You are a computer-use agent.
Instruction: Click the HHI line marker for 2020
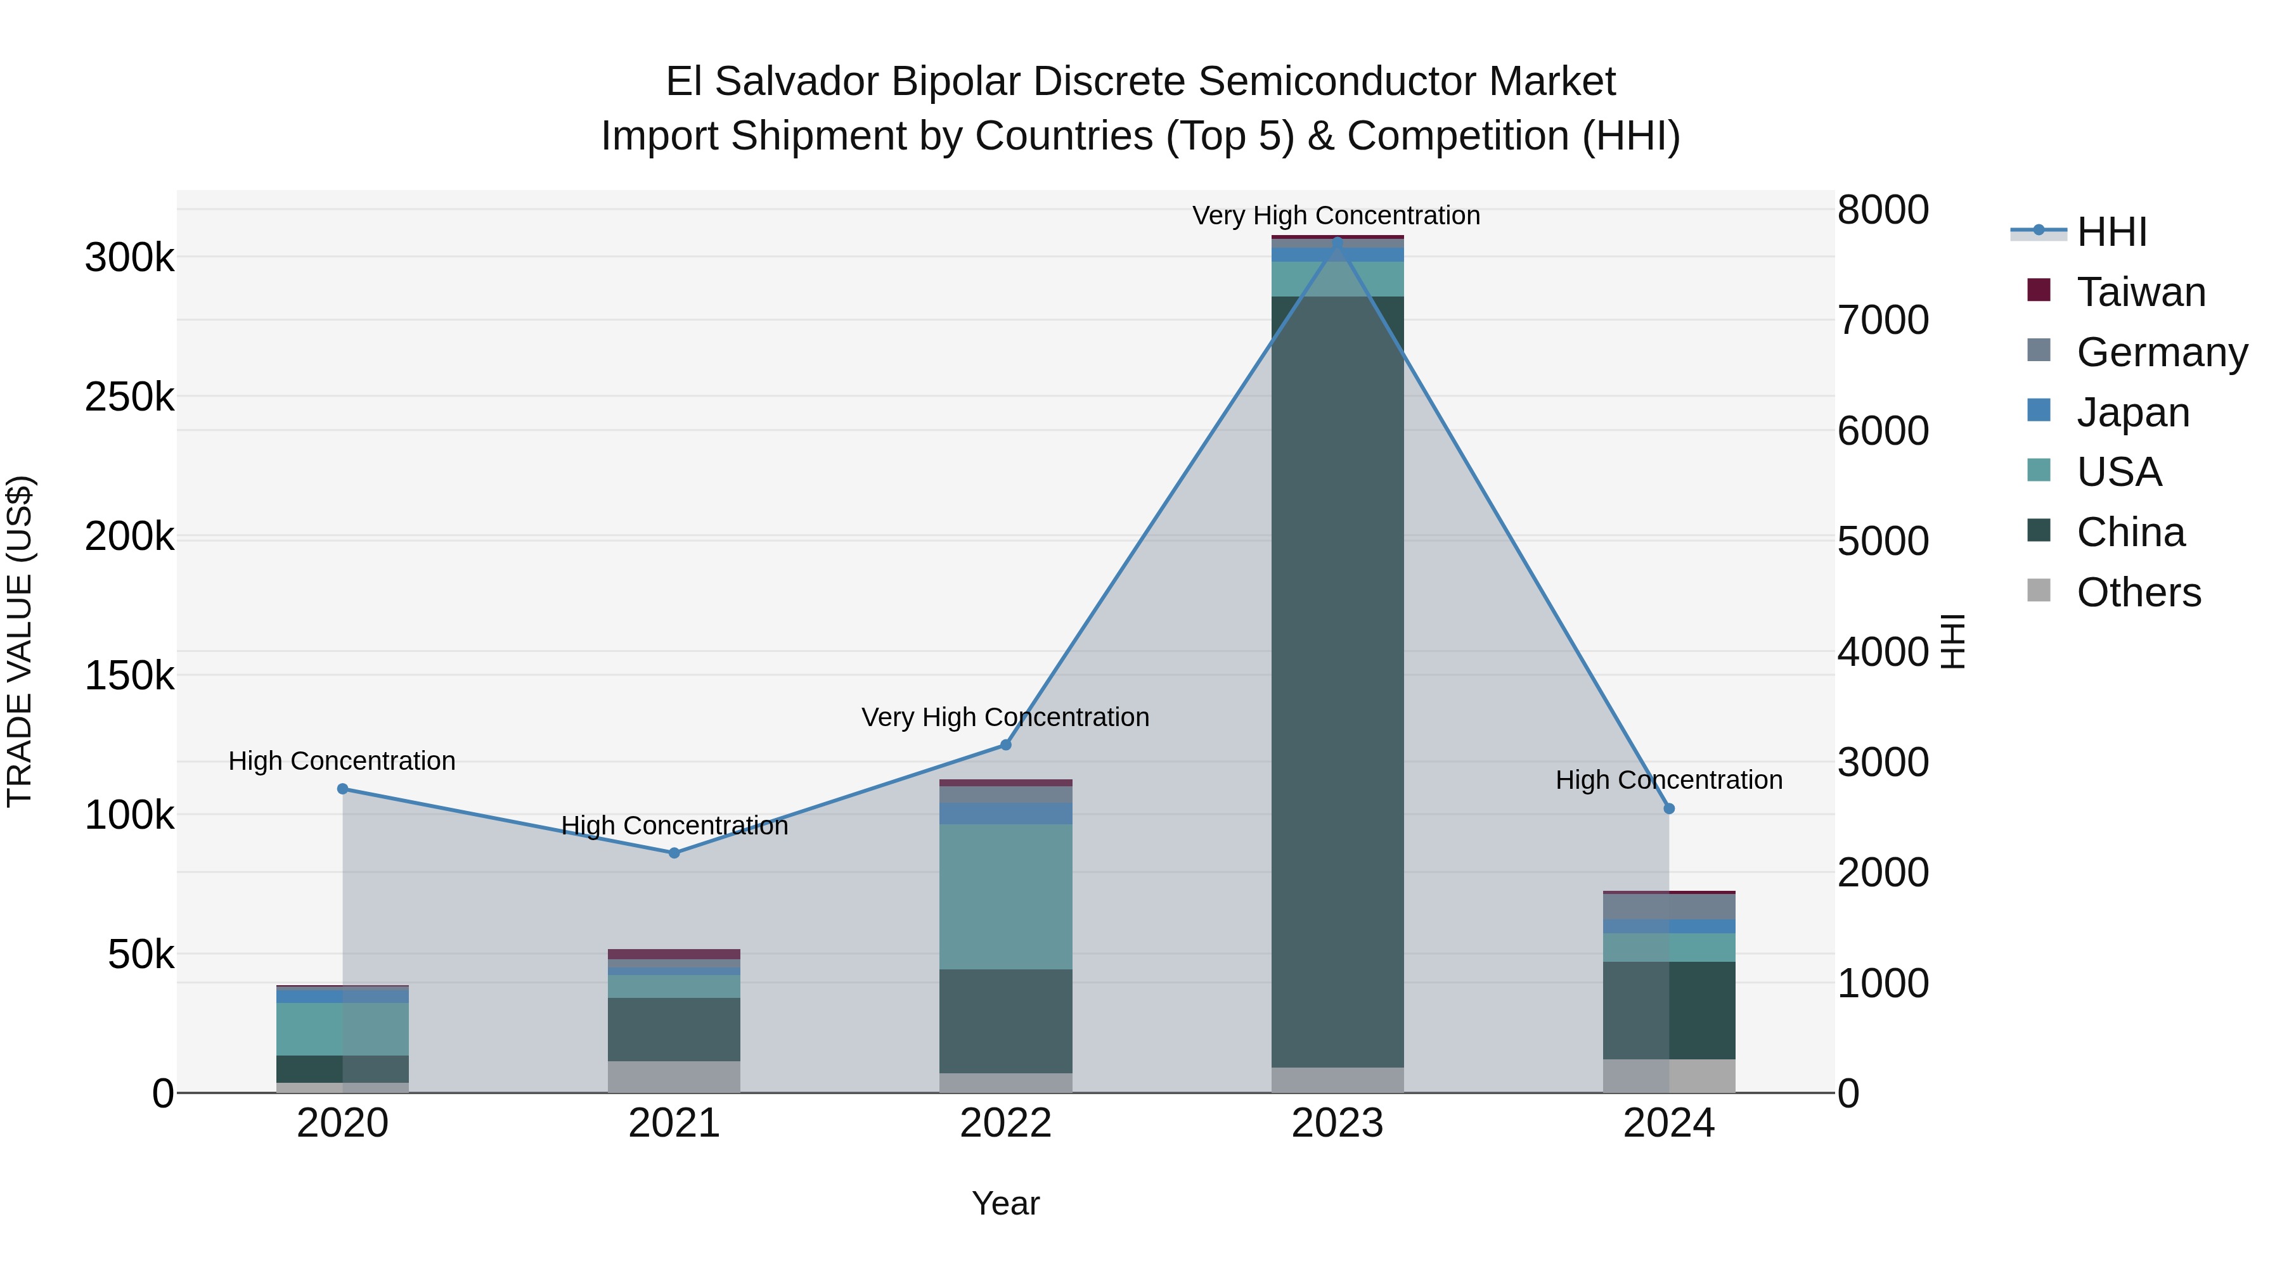click(343, 789)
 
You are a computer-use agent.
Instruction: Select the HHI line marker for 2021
click(674, 853)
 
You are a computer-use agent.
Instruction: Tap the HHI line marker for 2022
click(1005, 744)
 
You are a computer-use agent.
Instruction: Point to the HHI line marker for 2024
click(1669, 808)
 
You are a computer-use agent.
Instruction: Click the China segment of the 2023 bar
click(1337, 682)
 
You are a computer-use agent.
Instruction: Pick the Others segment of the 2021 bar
click(674, 1076)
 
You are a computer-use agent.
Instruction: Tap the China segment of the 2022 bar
click(1005, 1021)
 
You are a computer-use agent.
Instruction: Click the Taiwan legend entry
click(2140, 292)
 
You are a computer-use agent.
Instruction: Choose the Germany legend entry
click(2162, 352)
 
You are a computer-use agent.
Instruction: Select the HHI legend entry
click(2111, 232)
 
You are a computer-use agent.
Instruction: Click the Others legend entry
click(2137, 592)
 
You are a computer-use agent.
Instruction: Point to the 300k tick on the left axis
click(129, 259)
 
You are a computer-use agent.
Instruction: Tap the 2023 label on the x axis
click(1337, 1123)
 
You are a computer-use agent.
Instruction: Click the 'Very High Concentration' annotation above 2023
click(1336, 215)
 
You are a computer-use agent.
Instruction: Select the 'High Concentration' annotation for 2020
click(342, 760)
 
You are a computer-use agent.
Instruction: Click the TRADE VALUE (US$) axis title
click(20, 641)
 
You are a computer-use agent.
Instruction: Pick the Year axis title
click(1005, 1203)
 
